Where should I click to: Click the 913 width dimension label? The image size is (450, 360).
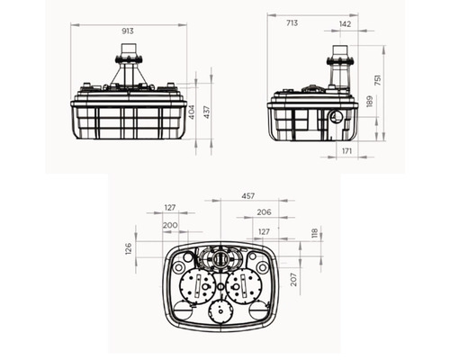pos(128,31)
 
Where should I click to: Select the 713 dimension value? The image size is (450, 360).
pos(292,23)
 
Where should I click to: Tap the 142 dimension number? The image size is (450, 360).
pos(345,24)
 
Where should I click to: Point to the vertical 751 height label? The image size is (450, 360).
pos(378,80)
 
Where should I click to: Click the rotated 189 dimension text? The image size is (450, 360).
pos(369,102)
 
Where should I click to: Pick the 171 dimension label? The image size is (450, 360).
pos(346,151)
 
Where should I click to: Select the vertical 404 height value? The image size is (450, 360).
pos(193,112)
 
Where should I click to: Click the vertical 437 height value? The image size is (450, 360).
pos(207,112)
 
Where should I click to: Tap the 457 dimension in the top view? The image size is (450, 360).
pos(248,196)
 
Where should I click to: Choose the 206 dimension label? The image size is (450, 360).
pos(264,212)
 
